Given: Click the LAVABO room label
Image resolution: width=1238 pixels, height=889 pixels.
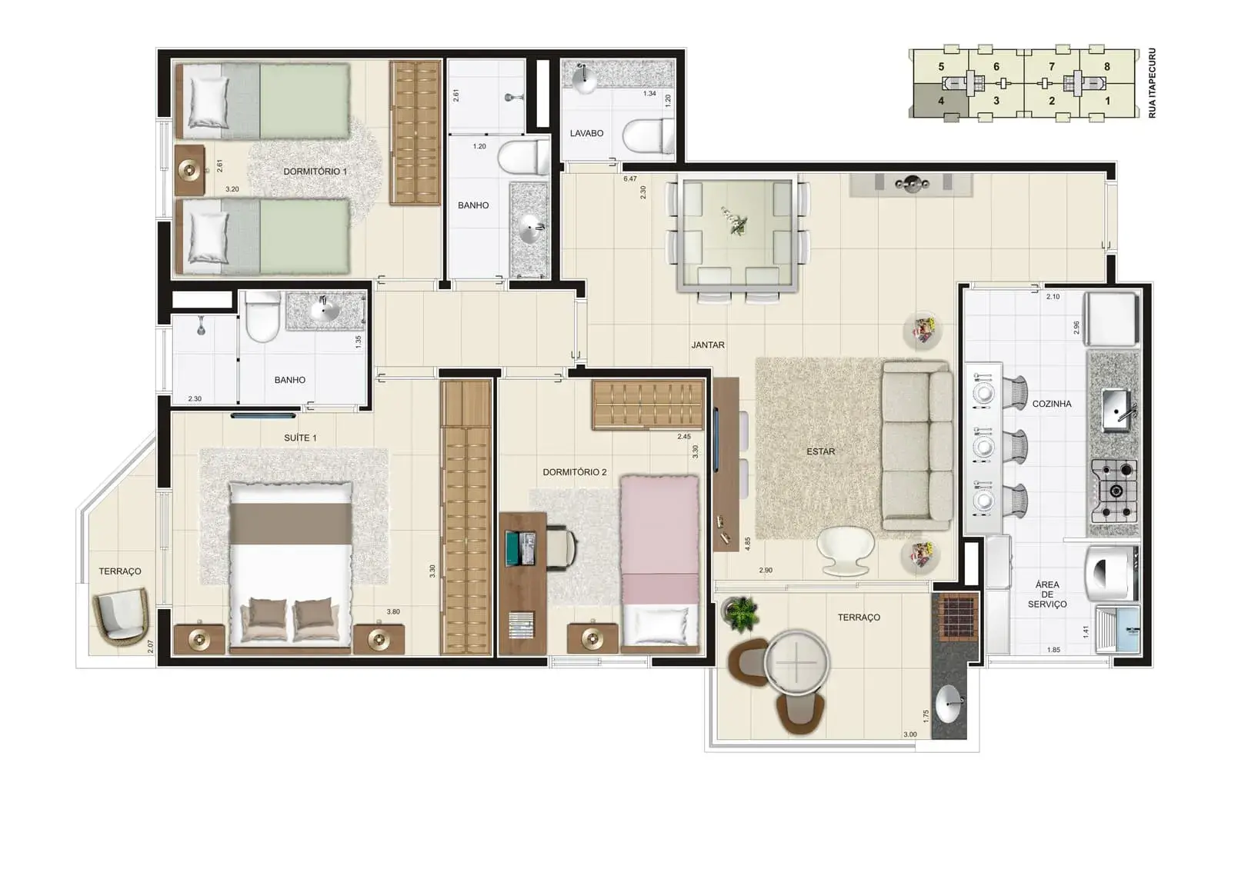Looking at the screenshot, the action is pyautogui.click(x=586, y=133).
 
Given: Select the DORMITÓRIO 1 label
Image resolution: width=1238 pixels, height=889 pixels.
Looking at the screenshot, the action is pyautogui.click(x=315, y=171).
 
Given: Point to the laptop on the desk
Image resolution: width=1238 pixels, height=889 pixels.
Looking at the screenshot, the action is pyautogui.click(x=520, y=548).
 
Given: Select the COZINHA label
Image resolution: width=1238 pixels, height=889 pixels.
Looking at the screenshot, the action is pyautogui.click(x=1052, y=404).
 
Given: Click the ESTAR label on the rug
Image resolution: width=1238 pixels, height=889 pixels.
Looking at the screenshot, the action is pyautogui.click(x=821, y=451).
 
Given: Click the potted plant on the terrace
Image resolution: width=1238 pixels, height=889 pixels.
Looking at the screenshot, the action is pyautogui.click(x=740, y=613).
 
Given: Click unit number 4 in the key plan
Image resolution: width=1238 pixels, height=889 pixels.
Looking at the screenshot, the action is pyautogui.click(x=941, y=101).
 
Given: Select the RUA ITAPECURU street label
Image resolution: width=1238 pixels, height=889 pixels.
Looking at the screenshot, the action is pyautogui.click(x=1153, y=83).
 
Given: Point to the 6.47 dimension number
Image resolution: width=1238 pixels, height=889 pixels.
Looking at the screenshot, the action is pyautogui.click(x=630, y=179).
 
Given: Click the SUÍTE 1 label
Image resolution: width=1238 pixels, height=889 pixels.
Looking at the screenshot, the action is pyautogui.click(x=300, y=438).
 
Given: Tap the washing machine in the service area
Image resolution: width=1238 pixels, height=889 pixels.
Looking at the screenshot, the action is pyautogui.click(x=1112, y=573).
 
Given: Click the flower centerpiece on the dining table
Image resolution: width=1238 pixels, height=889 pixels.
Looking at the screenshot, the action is pyautogui.click(x=736, y=221).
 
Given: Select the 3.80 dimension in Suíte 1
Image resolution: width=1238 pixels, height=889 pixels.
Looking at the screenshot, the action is pyautogui.click(x=393, y=611).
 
